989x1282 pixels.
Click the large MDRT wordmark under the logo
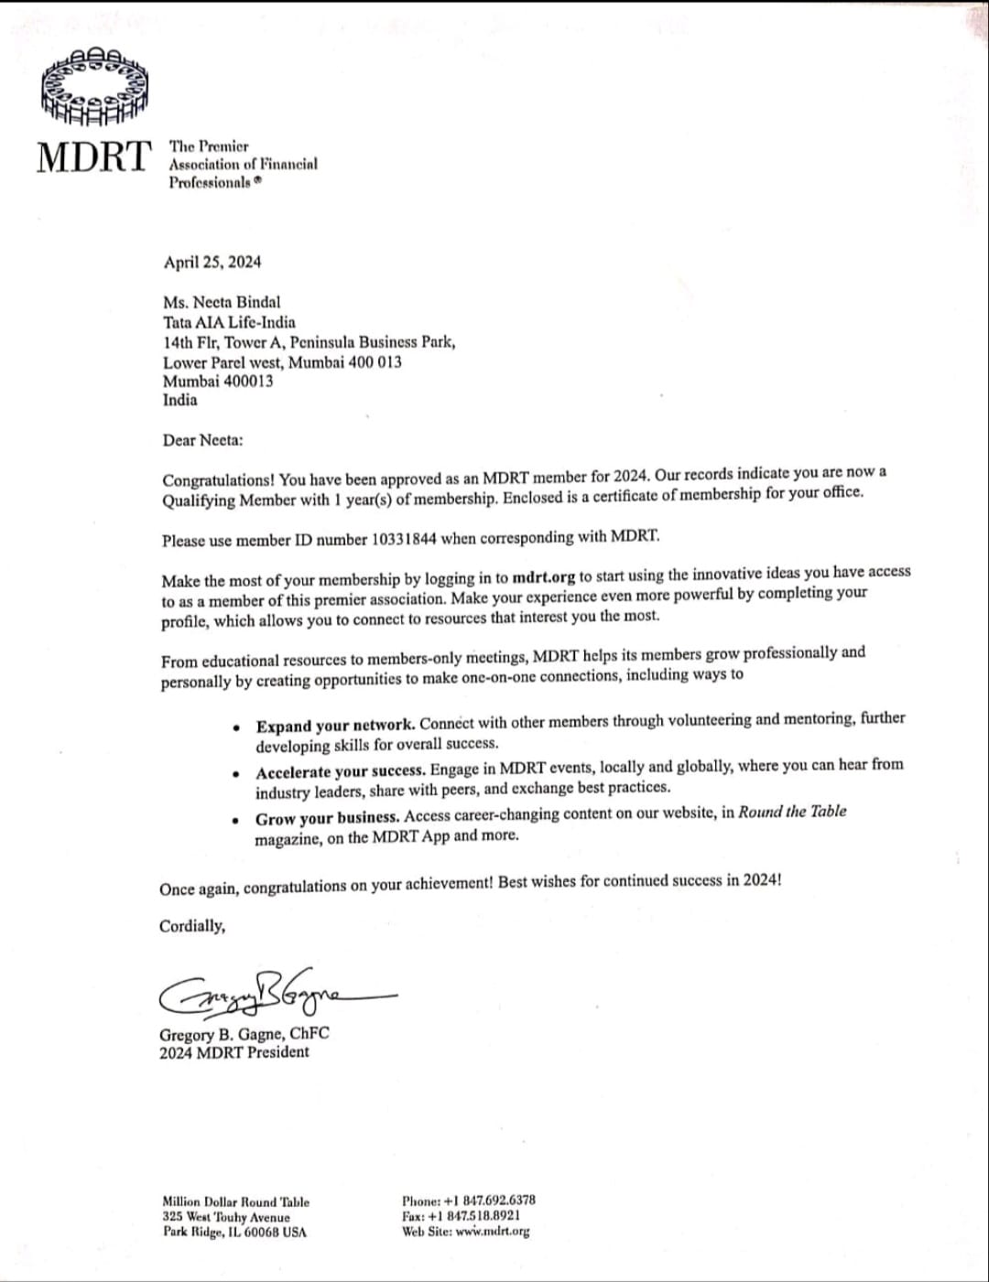pyautogui.click(x=93, y=156)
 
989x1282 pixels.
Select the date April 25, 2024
pyautogui.click(x=212, y=263)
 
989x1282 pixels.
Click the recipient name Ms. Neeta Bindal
pyautogui.click(x=222, y=302)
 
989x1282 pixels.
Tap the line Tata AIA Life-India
pyautogui.click(x=229, y=322)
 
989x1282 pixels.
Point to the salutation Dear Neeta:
pyautogui.click(x=203, y=440)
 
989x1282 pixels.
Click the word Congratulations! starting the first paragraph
pyautogui.click(x=218, y=479)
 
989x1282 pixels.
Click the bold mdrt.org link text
pyautogui.click(x=545, y=577)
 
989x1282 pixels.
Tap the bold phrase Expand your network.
pyautogui.click(x=335, y=726)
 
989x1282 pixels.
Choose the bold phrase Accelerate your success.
pyautogui.click(x=341, y=770)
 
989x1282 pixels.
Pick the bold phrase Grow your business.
pyautogui.click(x=327, y=817)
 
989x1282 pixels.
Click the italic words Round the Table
pyautogui.click(x=792, y=812)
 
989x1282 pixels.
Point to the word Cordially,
pyautogui.click(x=192, y=926)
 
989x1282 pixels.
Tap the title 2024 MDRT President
pyautogui.click(x=234, y=1052)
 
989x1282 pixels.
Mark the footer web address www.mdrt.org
pyautogui.click(x=492, y=1232)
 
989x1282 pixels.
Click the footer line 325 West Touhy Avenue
pyautogui.click(x=225, y=1217)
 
